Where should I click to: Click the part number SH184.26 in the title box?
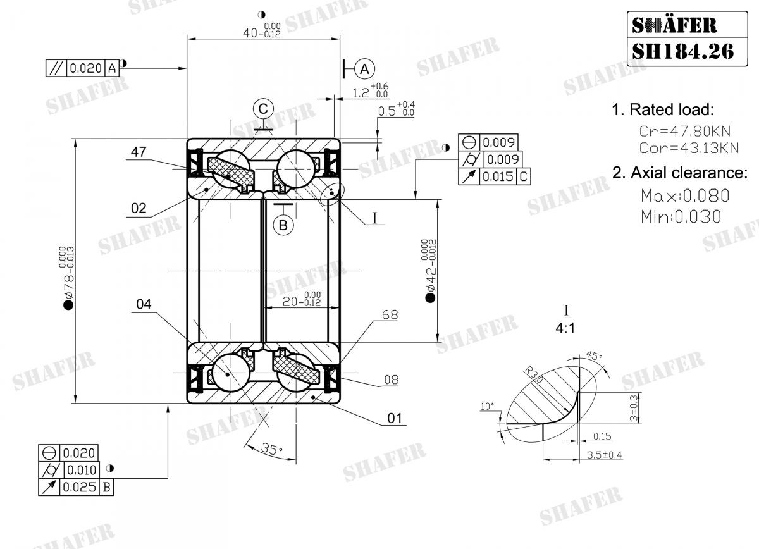pyautogui.click(x=683, y=51)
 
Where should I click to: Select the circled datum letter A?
pyautogui.click(x=365, y=68)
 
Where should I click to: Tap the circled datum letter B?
pyautogui.click(x=283, y=225)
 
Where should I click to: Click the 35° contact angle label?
pyautogui.click(x=271, y=450)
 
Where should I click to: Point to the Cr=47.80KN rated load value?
pyautogui.click(x=684, y=132)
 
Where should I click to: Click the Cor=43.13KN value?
pyautogui.click(x=689, y=149)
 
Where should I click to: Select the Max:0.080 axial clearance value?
pyautogui.click(x=684, y=195)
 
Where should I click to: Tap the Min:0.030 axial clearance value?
pyautogui.click(x=681, y=216)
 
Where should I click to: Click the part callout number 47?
pyautogui.click(x=139, y=152)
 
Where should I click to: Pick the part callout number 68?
pyautogui.click(x=390, y=314)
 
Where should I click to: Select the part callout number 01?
pyautogui.click(x=395, y=418)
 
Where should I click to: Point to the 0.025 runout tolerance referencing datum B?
pyautogui.click(x=79, y=487)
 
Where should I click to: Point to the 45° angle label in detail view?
pyautogui.click(x=594, y=356)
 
